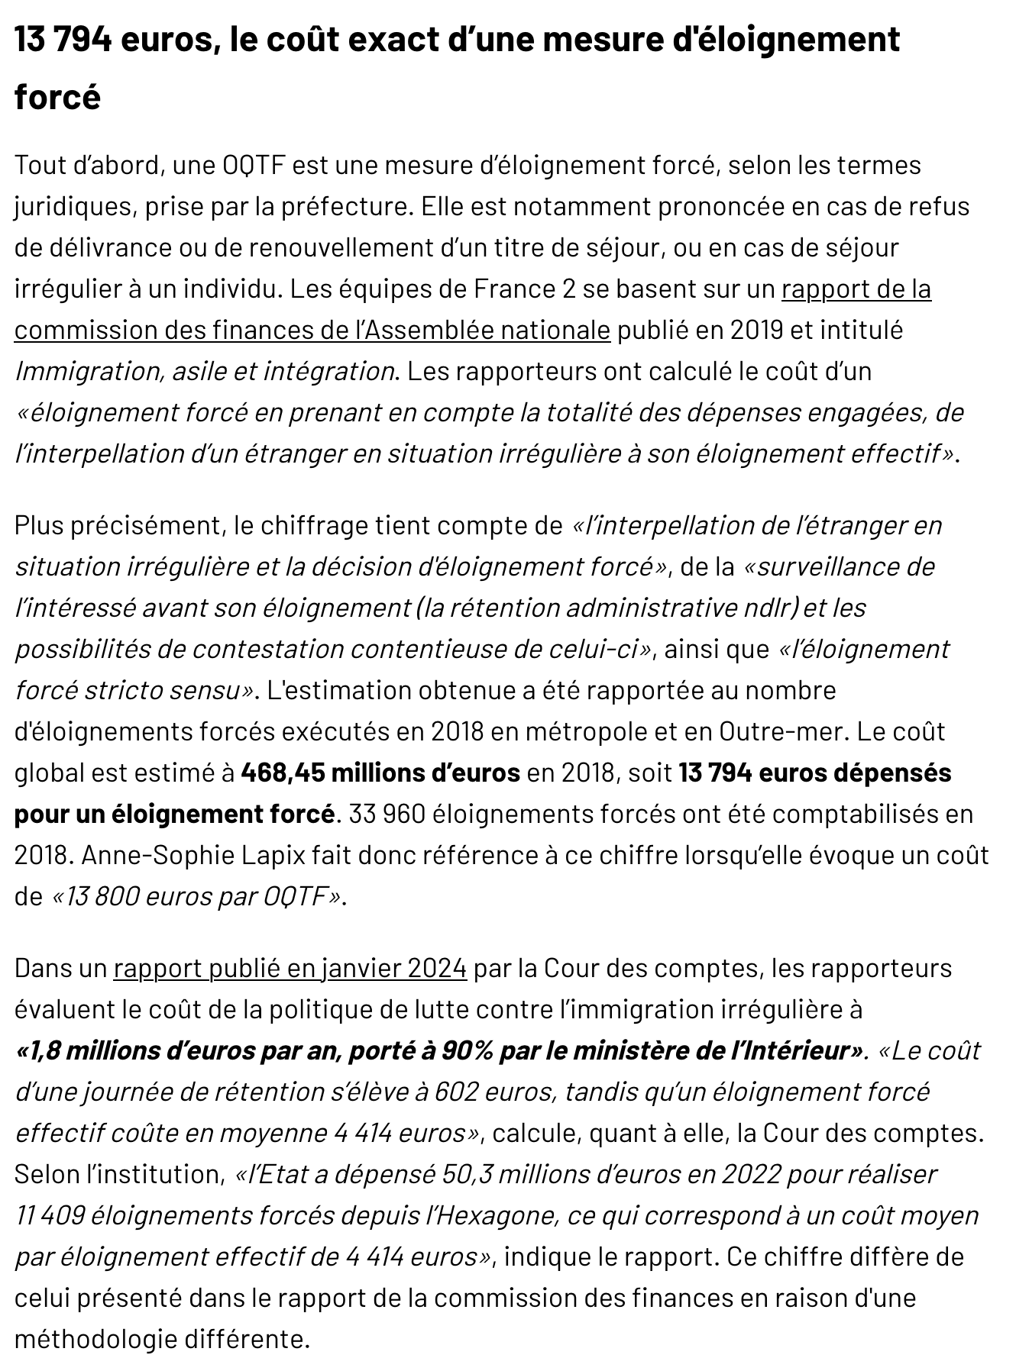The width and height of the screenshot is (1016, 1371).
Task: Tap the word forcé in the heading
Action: coord(57,98)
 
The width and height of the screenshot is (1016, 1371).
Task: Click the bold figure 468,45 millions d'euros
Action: coord(380,773)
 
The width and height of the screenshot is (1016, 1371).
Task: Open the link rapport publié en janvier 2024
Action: coord(290,968)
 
